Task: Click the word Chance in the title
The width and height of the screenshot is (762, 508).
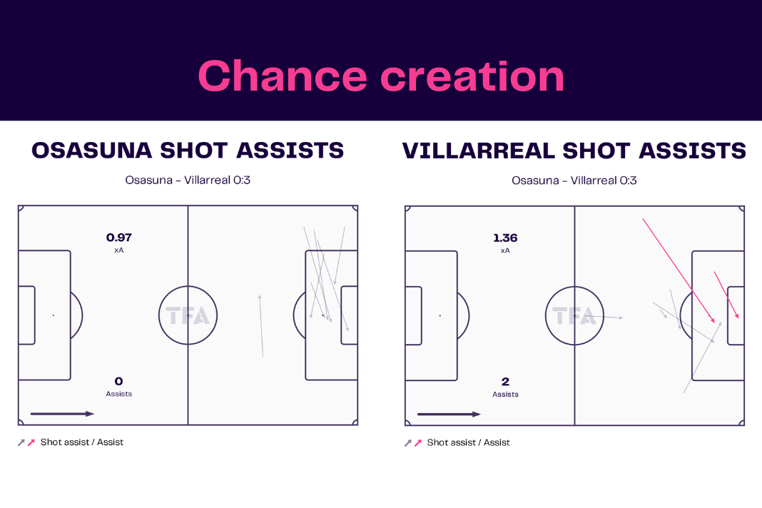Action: pyautogui.click(x=283, y=76)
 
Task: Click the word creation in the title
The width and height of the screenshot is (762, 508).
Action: pyautogui.click(x=472, y=76)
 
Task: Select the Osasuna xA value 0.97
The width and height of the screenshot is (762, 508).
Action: pyautogui.click(x=119, y=238)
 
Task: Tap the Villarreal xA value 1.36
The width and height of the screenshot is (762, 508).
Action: pyautogui.click(x=505, y=238)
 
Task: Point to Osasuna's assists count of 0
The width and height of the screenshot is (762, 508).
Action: pyautogui.click(x=118, y=381)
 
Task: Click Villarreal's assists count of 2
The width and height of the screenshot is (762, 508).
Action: pyautogui.click(x=505, y=382)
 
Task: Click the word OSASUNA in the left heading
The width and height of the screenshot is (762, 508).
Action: pyautogui.click(x=92, y=151)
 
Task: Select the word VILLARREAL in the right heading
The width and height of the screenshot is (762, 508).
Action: pyautogui.click(x=479, y=151)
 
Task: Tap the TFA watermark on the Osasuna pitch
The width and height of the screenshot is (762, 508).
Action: pyautogui.click(x=188, y=316)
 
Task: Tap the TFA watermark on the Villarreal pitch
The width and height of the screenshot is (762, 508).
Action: pyautogui.click(x=574, y=317)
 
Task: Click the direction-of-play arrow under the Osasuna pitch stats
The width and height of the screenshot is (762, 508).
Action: pyautogui.click(x=62, y=414)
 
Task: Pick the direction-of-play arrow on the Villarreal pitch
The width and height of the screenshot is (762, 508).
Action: pyautogui.click(x=449, y=415)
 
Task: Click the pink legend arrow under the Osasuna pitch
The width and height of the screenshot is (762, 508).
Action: pyautogui.click(x=31, y=442)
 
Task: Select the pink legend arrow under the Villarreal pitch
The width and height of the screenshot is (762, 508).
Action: pyautogui.click(x=418, y=443)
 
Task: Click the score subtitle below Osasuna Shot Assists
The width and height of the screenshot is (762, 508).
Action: pyautogui.click(x=188, y=181)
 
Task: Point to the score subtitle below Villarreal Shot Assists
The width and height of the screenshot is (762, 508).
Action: pyautogui.click(x=574, y=181)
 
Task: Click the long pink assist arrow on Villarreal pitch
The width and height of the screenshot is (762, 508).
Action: pyautogui.click(x=679, y=271)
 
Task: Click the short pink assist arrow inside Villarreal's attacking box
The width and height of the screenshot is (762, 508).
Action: pyautogui.click(x=726, y=295)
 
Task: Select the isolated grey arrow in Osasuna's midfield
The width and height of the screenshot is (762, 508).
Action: pyautogui.click(x=261, y=325)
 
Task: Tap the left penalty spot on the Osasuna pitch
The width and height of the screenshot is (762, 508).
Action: pyautogui.click(x=54, y=315)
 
